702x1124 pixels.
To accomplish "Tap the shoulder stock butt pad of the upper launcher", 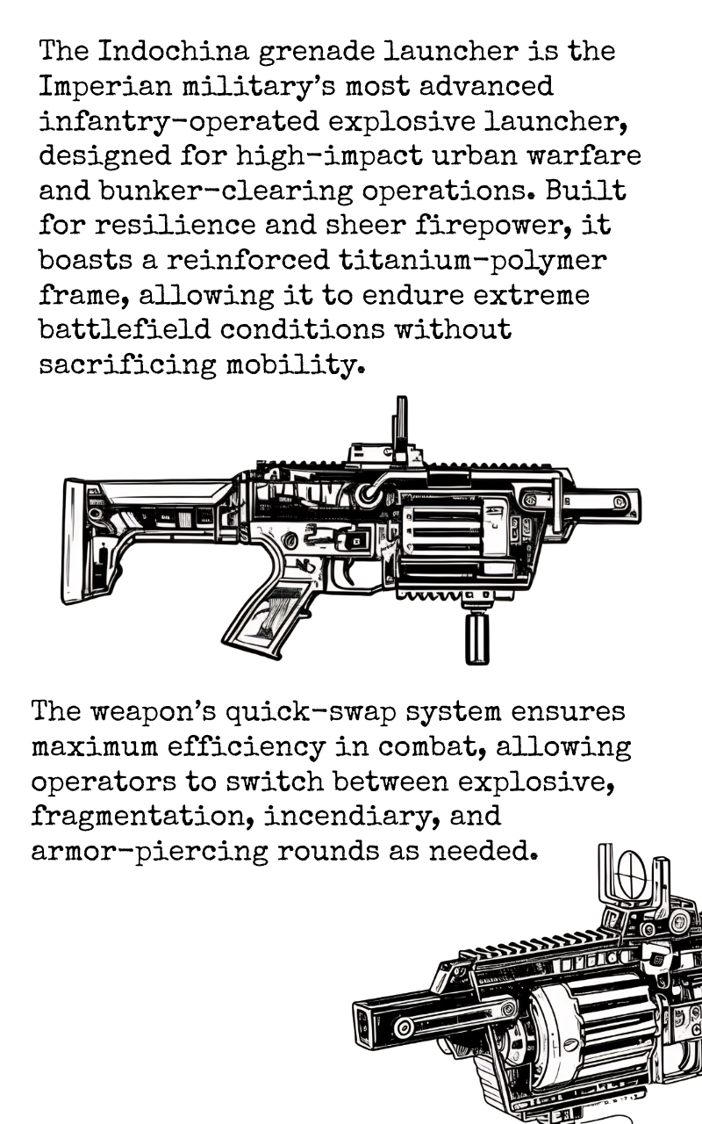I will [74, 541].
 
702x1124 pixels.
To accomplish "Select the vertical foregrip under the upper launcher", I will [476, 637].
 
